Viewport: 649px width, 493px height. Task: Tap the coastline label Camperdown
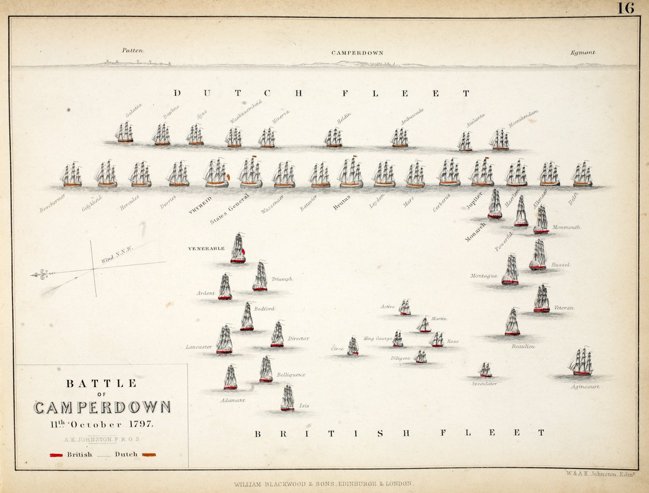pyautogui.click(x=357, y=53)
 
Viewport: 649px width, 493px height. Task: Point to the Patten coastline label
pyautogui.click(x=132, y=50)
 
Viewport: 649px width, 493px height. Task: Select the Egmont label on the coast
pyautogui.click(x=583, y=52)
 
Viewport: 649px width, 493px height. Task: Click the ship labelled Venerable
pyautogui.click(x=237, y=249)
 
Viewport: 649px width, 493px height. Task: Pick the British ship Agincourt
pyautogui.click(x=581, y=362)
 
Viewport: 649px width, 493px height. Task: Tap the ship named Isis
pyautogui.click(x=287, y=398)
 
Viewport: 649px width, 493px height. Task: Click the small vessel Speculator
pyautogui.click(x=485, y=370)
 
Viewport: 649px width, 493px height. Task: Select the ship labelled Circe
pyautogui.click(x=353, y=346)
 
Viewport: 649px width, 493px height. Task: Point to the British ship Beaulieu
pyautogui.click(x=512, y=322)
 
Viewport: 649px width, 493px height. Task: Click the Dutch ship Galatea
pyautogui.click(x=124, y=133)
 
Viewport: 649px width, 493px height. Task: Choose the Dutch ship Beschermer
pyautogui.click(x=71, y=175)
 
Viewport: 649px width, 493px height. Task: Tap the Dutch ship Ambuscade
pyautogui.click(x=399, y=138)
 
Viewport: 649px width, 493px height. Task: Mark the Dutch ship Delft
pyautogui.click(x=582, y=175)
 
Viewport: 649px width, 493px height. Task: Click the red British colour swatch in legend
pyautogui.click(x=56, y=455)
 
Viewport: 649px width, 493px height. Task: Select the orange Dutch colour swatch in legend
pyautogui.click(x=148, y=455)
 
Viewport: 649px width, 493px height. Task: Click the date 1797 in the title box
pyautogui.click(x=140, y=425)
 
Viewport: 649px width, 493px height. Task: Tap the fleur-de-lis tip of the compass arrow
pyautogui.click(x=39, y=275)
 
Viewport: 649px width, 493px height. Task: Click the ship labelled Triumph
pyautogui.click(x=260, y=277)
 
